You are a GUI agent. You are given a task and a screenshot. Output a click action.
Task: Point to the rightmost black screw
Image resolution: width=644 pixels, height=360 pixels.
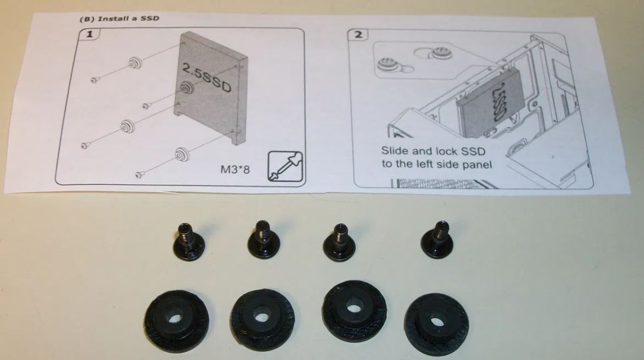[438, 239]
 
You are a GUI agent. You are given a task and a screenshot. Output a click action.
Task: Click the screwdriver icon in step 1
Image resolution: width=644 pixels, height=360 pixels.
[285, 166]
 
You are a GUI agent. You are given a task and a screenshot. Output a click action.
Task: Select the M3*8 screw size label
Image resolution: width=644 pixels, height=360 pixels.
[235, 169]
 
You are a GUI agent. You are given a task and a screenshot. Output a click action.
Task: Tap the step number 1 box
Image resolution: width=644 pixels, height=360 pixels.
[89, 34]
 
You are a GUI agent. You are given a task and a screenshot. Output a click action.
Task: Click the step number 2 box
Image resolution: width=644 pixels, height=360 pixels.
[358, 34]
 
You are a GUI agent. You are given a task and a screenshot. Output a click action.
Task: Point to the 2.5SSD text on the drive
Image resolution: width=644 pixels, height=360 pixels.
[206, 78]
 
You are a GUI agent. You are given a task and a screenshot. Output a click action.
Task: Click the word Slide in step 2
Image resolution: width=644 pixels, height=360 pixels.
[395, 151]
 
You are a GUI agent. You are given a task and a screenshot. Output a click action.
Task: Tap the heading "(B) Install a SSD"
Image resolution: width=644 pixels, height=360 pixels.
[119, 18]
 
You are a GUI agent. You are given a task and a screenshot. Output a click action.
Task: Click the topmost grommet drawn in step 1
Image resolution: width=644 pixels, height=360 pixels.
[134, 63]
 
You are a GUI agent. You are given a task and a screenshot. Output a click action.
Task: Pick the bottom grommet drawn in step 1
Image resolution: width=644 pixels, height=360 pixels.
[181, 154]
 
